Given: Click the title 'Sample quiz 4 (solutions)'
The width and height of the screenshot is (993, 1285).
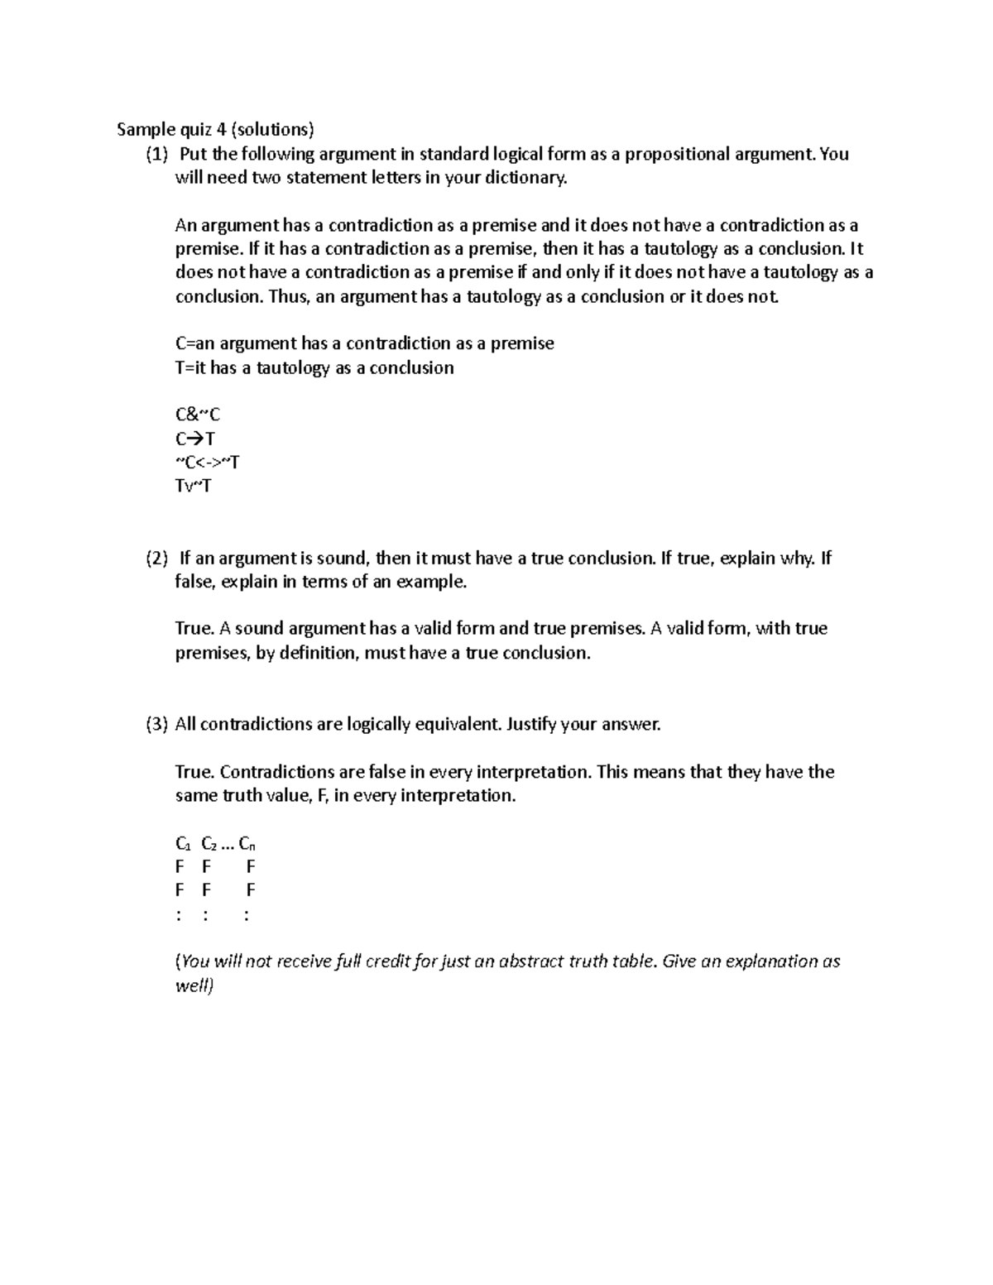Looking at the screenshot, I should pos(215,129).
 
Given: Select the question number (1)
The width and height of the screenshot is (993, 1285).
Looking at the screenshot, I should pos(156,154).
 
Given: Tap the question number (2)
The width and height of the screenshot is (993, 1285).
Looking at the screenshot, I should pos(156,559).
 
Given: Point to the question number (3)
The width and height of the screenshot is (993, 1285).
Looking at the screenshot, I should pos(156,725).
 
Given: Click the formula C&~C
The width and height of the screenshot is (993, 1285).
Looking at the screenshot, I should pos(198,415).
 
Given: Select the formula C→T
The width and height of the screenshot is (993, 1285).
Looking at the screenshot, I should pos(195,439).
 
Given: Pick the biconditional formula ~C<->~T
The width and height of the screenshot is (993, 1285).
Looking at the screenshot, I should pos(207,463).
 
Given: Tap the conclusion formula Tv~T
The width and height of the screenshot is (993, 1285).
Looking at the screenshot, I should pos(193,486).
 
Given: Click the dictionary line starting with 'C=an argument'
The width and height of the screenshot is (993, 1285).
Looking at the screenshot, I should pos(364,343).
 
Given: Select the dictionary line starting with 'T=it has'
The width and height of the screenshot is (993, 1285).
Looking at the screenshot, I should pos(314,367).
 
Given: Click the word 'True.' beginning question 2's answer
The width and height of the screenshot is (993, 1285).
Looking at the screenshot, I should pos(195,629).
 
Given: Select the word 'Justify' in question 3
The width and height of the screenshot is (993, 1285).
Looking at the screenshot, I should pos(531,725).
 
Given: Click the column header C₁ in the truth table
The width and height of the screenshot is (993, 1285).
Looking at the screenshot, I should pos(183,844).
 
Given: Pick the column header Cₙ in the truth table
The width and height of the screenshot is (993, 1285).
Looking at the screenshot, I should pos(247,844).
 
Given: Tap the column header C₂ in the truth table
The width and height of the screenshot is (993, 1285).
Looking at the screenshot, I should pos(209,844).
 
